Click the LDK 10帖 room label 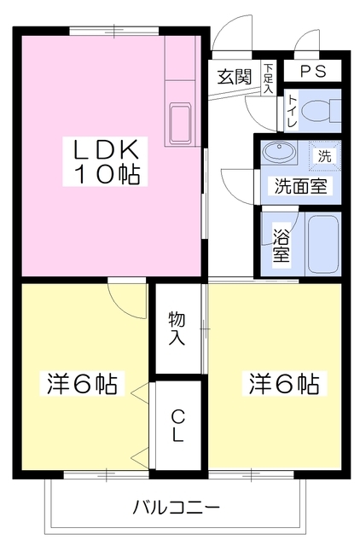point(107,162)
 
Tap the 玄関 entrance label point(233,76)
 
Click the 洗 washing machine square point(323,155)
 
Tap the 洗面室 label point(299,186)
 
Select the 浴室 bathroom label point(281,244)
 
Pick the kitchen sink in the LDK point(182,125)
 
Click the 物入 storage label point(177,328)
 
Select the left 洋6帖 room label point(81,383)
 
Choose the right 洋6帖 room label point(284,383)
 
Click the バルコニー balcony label point(176,507)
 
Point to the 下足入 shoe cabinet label point(268,77)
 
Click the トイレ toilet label point(293,112)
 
